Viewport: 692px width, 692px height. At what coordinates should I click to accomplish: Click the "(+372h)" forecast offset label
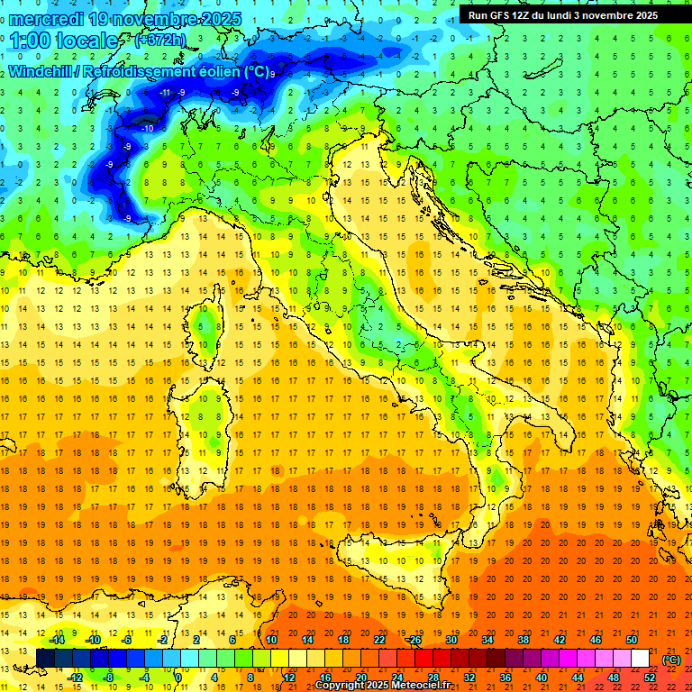pos(163,41)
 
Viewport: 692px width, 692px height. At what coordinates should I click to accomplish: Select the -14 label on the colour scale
pos(56,640)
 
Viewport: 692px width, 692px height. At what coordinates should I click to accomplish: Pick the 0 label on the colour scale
pos(179,677)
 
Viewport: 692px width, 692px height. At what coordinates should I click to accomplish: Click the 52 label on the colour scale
pos(650,677)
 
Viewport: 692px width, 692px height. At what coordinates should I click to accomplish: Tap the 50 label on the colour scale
pos(632,640)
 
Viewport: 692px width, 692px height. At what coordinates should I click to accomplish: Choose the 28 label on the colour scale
pos(433,677)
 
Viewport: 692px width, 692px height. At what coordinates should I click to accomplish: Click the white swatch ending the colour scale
pos(641,658)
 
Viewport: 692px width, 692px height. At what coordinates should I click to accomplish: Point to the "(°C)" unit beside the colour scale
pos(671,660)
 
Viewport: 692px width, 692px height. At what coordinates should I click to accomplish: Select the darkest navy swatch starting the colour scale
pos(45,658)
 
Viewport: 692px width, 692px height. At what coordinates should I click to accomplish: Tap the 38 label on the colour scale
pos(524,640)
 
